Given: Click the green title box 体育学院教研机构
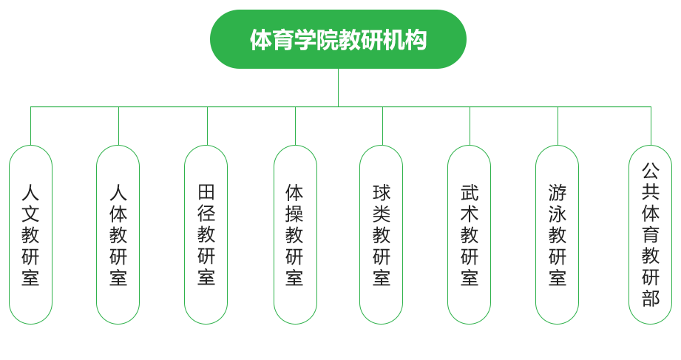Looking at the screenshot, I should [338, 39].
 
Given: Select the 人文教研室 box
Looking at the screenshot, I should [30, 234].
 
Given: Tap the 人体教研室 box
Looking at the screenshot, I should [118, 234].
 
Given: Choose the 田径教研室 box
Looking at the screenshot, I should [206, 234].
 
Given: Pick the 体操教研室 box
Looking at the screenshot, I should [294, 234].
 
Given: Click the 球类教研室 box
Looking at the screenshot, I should [382, 234].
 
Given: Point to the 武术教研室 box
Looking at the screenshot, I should [470, 234].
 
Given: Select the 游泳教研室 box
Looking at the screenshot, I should [557, 234].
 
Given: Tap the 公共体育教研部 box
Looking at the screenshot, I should [650, 234].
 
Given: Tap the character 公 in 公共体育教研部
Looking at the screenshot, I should [650, 171].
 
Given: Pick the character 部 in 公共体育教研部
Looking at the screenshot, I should [650, 299].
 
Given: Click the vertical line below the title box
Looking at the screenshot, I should [338, 87].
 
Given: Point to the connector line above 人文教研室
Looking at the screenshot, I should [30, 126].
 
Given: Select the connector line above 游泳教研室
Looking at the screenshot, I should [557, 126].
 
